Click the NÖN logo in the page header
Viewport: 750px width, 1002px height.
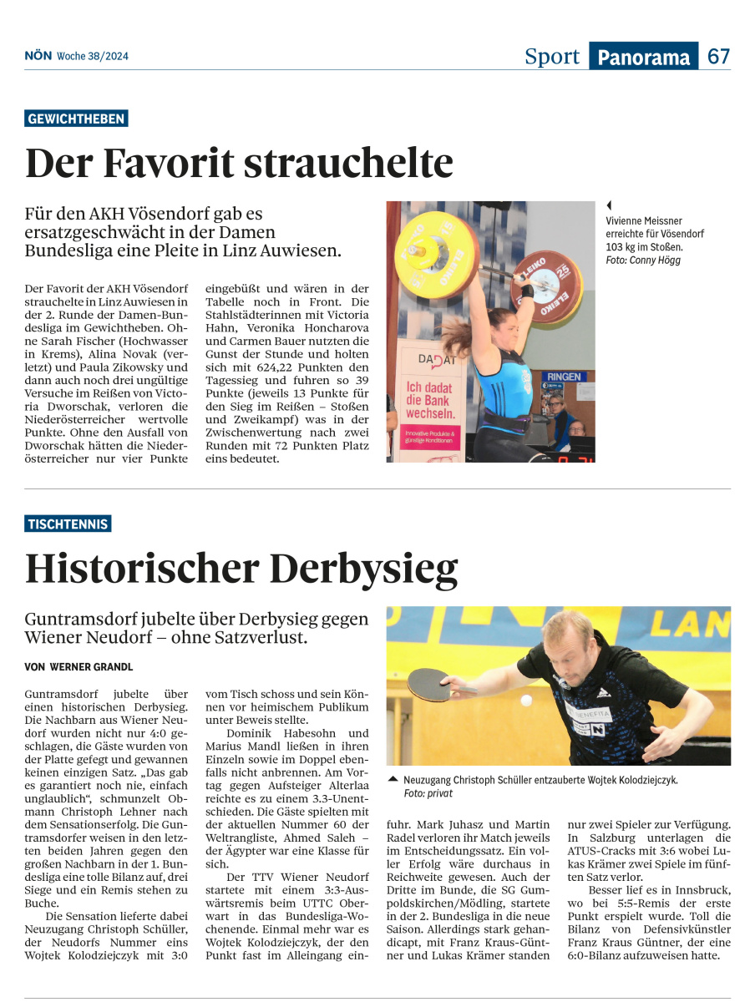(38, 56)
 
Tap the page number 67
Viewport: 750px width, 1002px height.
(718, 57)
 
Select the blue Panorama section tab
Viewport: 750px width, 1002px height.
(643, 57)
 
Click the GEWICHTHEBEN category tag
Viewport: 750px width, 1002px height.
(76, 119)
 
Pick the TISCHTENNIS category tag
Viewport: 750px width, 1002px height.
(68, 524)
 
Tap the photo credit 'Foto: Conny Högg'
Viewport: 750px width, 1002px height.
(643, 261)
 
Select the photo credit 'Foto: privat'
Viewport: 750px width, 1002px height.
(427, 793)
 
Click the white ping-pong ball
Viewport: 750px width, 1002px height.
(524, 700)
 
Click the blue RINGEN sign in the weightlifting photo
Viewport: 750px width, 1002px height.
(564, 377)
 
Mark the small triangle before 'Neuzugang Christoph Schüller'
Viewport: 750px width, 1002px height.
(393, 779)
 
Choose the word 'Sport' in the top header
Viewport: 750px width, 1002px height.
(551, 57)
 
